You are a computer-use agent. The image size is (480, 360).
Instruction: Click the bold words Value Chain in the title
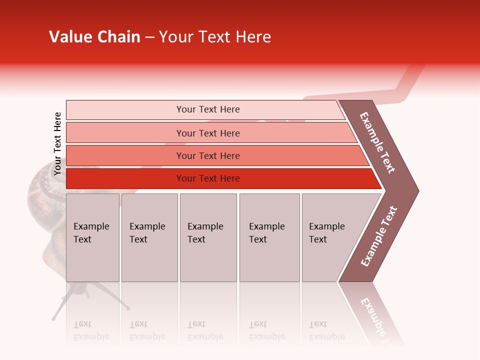coord(94,37)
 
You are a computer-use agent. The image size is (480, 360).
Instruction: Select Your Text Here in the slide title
coord(215,37)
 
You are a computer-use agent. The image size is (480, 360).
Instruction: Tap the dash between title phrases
coord(149,37)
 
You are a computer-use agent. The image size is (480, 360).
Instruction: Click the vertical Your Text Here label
coord(57,143)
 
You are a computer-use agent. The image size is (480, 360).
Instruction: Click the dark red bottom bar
coord(125,178)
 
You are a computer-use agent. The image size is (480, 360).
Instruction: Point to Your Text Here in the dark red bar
coord(208,178)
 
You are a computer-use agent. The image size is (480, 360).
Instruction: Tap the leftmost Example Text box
coord(92,237)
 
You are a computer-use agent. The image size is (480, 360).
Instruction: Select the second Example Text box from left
coord(149,237)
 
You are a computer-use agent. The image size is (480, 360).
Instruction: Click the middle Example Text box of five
coord(208,237)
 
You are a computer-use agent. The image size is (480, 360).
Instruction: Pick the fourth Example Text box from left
coord(269,237)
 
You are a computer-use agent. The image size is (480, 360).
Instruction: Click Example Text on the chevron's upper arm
coord(377,142)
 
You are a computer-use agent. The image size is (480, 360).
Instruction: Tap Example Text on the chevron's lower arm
coord(378,236)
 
